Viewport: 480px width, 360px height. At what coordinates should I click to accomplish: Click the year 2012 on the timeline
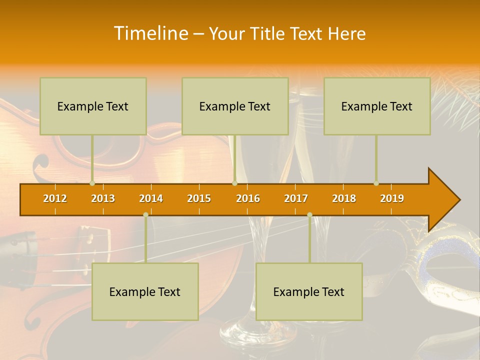[x=55, y=198]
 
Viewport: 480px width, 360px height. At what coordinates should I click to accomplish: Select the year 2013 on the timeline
[x=103, y=198]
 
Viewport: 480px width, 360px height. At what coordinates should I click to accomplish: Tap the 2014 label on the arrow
[x=151, y=198]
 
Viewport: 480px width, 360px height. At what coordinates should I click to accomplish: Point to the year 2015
[x=199, y=198]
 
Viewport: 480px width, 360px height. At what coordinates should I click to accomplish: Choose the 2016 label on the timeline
[x=248, y=198]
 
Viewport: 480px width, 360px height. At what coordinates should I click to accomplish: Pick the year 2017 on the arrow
[x=296, y=198]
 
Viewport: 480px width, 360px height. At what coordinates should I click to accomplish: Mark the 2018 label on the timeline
[x=344, y=198]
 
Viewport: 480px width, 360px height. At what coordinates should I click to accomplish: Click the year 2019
[x=392, y=198]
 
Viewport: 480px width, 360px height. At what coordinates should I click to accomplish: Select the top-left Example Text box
[x=93, y=106]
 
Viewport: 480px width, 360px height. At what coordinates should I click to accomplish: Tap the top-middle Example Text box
[x=235, y=106]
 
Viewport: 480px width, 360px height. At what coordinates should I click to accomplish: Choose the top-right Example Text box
[x=377, y=106]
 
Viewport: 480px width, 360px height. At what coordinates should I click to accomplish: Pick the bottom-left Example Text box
[x=145, y=292]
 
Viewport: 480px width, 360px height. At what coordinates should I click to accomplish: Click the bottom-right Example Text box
[x=309, y=292]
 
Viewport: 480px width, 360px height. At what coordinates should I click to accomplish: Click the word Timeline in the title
[x=150, y=33]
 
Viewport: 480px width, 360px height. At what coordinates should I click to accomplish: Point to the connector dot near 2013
[x=92, y=183]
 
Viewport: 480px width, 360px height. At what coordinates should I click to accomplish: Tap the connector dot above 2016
[x=234, y=183]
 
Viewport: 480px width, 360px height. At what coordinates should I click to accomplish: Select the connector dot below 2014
[x=145, y=214]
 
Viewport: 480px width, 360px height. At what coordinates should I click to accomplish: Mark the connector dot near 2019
[x=376, y=183]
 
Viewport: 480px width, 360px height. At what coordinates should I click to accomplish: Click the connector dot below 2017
[x=309, y=214]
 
